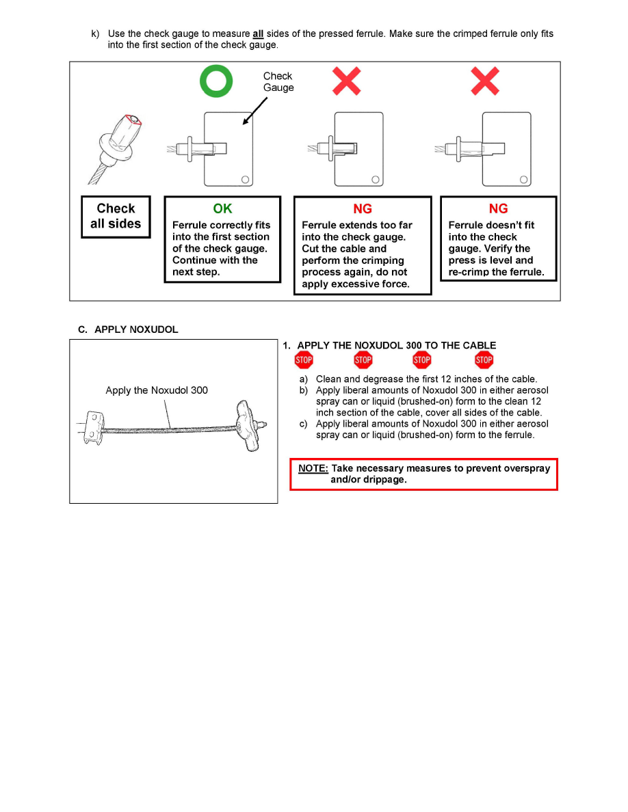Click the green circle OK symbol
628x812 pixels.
[216, 82]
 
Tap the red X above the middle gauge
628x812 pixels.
[347, 82]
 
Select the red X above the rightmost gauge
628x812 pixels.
[484, 82]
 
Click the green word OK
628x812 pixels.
[222, 209]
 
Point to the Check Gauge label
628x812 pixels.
[278, 82]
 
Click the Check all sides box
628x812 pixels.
[116, 217]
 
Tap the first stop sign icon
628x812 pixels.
[304, 360]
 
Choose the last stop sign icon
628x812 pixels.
[484, 360]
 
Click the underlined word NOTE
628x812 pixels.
[313, 468]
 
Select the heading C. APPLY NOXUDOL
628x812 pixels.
[128, 329]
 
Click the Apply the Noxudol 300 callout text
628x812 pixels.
[157, 390]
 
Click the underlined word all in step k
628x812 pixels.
[258, 33]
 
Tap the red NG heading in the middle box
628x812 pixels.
[363, 209]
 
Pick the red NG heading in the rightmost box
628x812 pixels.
[499, 209]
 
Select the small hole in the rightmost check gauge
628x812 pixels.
[523, 180]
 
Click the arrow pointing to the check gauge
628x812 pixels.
[254, 109]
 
